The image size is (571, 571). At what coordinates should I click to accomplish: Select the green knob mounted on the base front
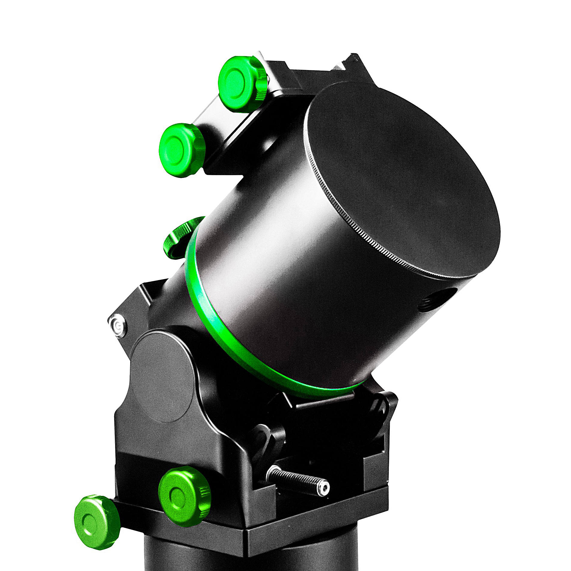(x=183, y=496)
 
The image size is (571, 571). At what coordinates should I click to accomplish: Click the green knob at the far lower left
(x=96, y=523)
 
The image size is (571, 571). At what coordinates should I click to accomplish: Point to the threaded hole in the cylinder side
(x=436, y=301)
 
